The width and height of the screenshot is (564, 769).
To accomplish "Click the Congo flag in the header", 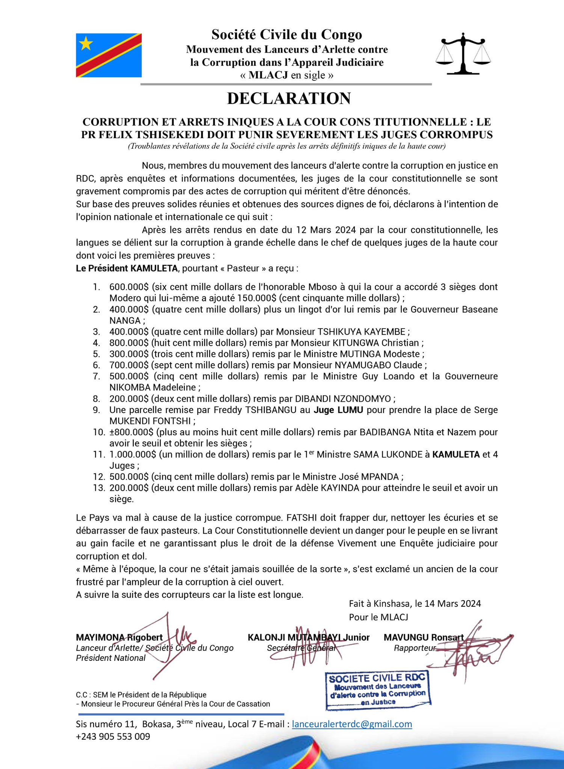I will [109, 55].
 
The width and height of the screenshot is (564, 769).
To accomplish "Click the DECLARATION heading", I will [289, 98].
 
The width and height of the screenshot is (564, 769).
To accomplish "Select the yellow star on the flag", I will [86, 44].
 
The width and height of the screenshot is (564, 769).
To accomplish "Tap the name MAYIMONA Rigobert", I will [119, 637].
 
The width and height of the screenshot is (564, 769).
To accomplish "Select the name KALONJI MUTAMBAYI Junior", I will [308, 637].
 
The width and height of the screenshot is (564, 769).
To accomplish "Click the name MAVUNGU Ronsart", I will [423, 637].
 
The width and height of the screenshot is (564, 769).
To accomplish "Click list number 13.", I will [99, 488].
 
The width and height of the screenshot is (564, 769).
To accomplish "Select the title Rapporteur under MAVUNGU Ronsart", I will [415, 648].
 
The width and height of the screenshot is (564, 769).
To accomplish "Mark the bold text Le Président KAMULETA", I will [127, 268].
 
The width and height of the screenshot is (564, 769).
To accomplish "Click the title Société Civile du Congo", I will [287, 35].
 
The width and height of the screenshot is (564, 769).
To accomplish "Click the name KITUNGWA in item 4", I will [354, 343].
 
